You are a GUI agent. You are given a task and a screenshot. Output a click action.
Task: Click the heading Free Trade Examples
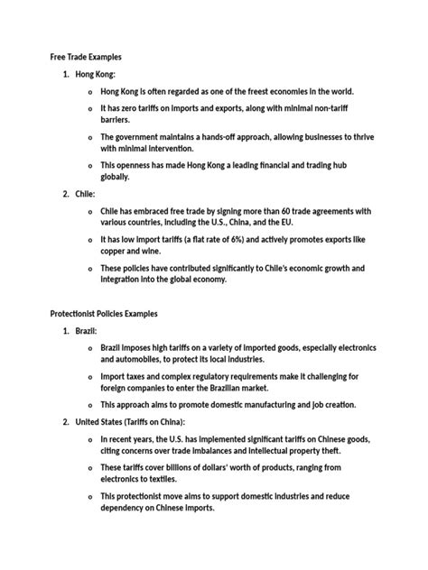coord(85,57)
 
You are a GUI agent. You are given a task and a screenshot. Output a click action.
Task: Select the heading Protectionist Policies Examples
coord(104,314)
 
